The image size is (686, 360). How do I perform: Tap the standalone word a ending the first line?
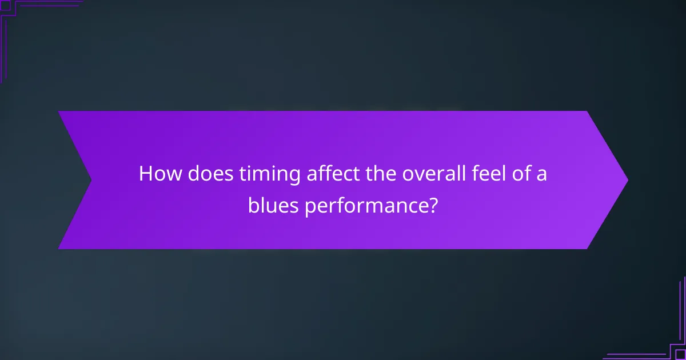pyautogui.click(x=541, y=175)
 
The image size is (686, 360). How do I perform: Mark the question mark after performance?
pyautogui.click(x=433, y=205)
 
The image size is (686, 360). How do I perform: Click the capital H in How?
pyautogui.click(x=146, y=173)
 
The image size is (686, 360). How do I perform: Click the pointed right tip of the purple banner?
pyautogui.click(x=627, y=180)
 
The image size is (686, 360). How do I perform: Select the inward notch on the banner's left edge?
pyautogui.click(x=91, y=180)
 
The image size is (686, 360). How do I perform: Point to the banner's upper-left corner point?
pyautogui.click(x=59, y=112)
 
